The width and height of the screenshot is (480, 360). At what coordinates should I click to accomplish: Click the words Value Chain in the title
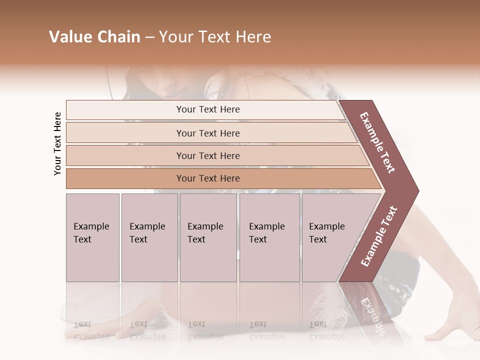pyautogui.click(x=94, y=37)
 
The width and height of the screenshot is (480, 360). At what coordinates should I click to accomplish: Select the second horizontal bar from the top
pyautogui.click(x=207, y=133)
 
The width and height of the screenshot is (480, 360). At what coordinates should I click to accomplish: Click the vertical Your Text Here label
pyautogui.click(x=57, y=143)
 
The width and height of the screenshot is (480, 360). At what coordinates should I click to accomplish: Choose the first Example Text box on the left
pyautogui.click(x=92, y=237)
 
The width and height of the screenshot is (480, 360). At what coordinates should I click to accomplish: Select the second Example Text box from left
pyautogui.click(x=149, y=237)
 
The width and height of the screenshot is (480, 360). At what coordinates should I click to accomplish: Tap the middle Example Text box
pyautogui.click(x=208, y=237)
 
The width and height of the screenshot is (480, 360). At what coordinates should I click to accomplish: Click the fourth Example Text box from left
pyautogui.click(x=269, y=237)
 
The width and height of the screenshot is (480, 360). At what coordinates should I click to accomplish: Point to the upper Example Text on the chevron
pyautogui.click(x=378, y=143)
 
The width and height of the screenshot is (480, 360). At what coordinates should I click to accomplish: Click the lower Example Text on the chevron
pyautogui.click(x=379, y=236)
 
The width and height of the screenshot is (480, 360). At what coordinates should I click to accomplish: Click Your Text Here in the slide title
pyautogui.click(x=215, y=37)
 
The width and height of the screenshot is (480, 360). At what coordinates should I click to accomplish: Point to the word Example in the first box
pyautogui.click(x=91, y=226)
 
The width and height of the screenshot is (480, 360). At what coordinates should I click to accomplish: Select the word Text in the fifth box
pyautogui.click(x=318, y=239)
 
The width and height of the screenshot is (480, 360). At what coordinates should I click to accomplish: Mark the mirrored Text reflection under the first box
pyautogui.click(x=82, y=323)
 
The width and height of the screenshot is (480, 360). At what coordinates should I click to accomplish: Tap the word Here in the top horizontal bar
pyautogui.click(x=230, y=109)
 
